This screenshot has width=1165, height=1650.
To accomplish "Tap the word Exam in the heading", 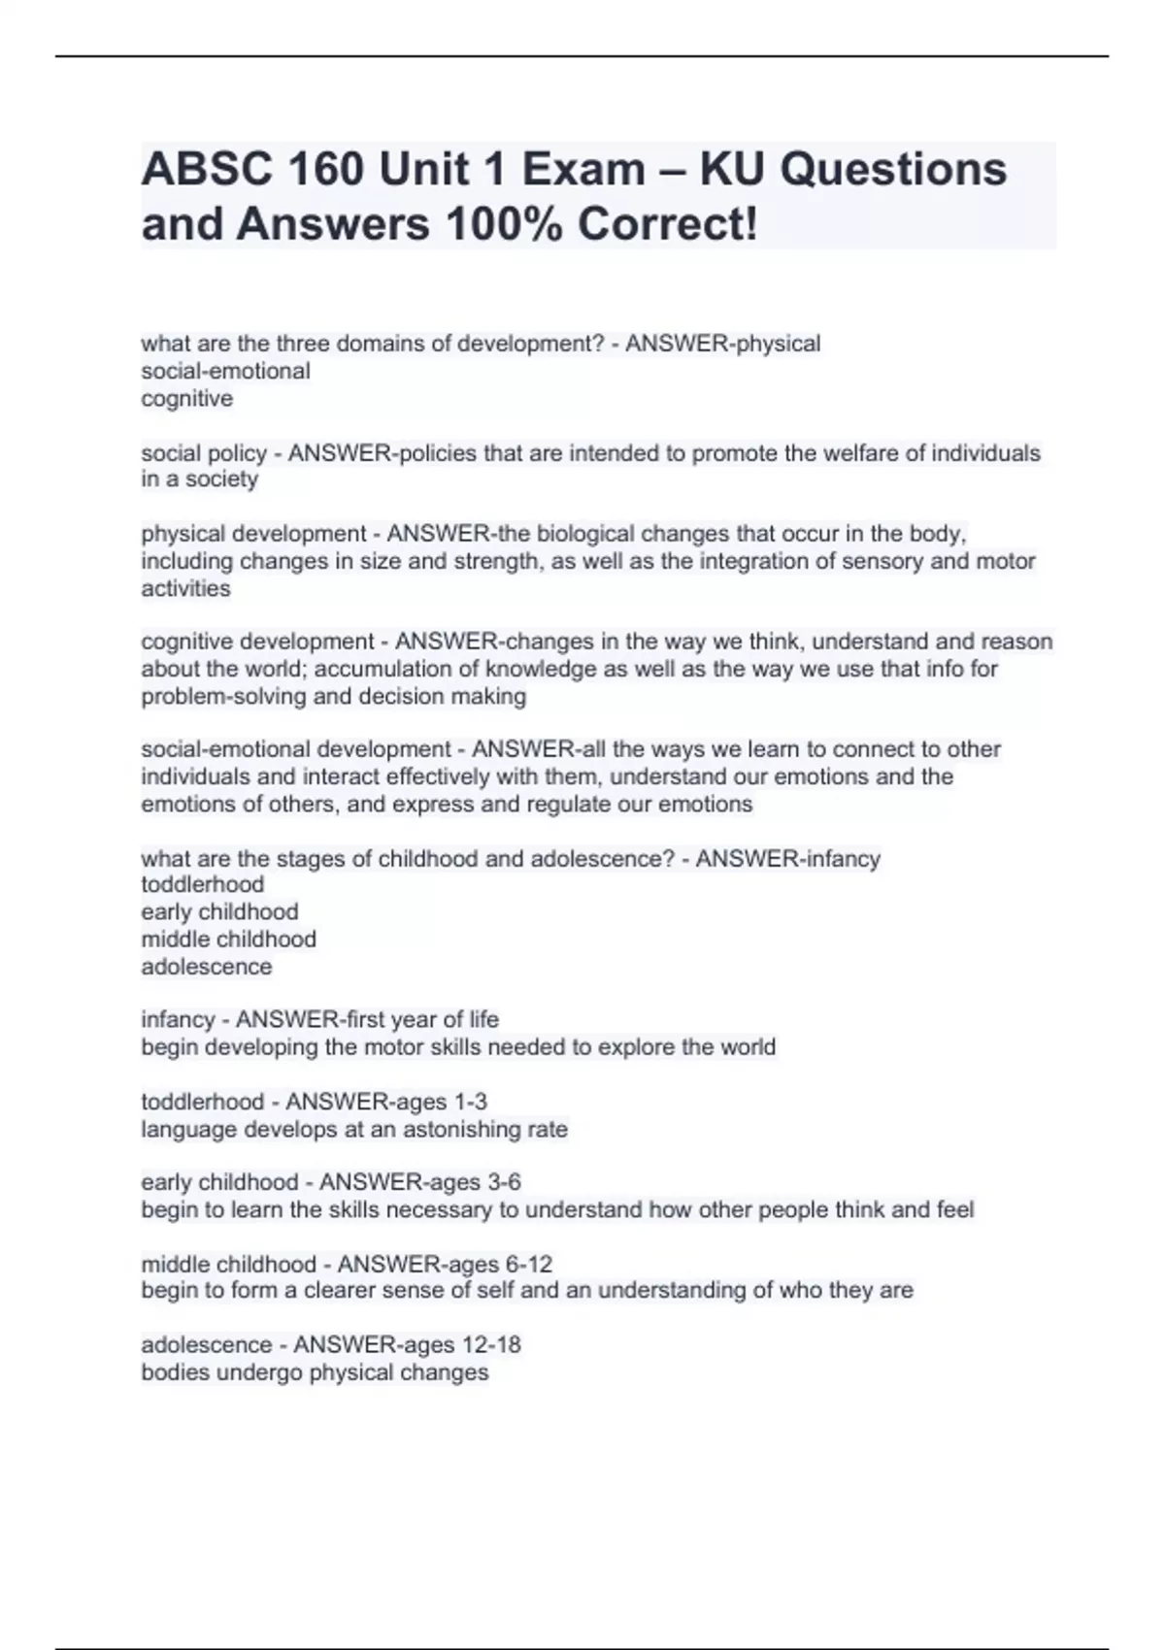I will (583, 170).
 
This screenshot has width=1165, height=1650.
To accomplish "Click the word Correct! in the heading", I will (667, 224).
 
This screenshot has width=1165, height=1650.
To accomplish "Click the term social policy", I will (204, 453).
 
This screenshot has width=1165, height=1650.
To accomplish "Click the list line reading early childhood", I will (219, 912).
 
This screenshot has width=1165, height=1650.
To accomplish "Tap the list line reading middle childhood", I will (228, 940).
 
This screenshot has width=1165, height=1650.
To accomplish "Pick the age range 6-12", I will (528, 1264).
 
